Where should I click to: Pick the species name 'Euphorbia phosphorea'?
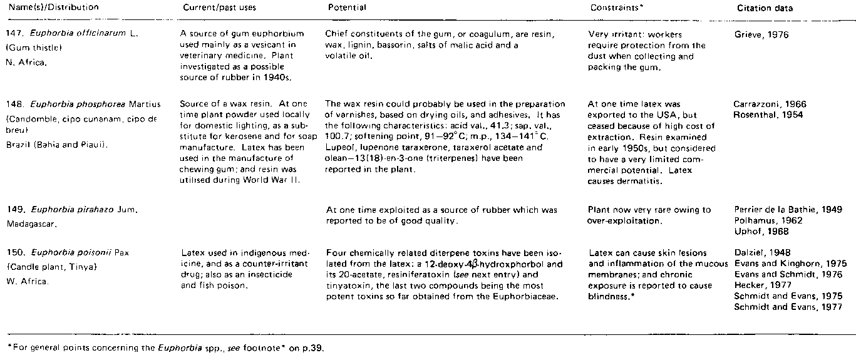pyautogui.click(x=71, y=104)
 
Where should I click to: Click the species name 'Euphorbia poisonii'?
pyautogui.click(x=66, y=253)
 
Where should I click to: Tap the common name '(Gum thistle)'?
pyautogui.click(x=30, y=47)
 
